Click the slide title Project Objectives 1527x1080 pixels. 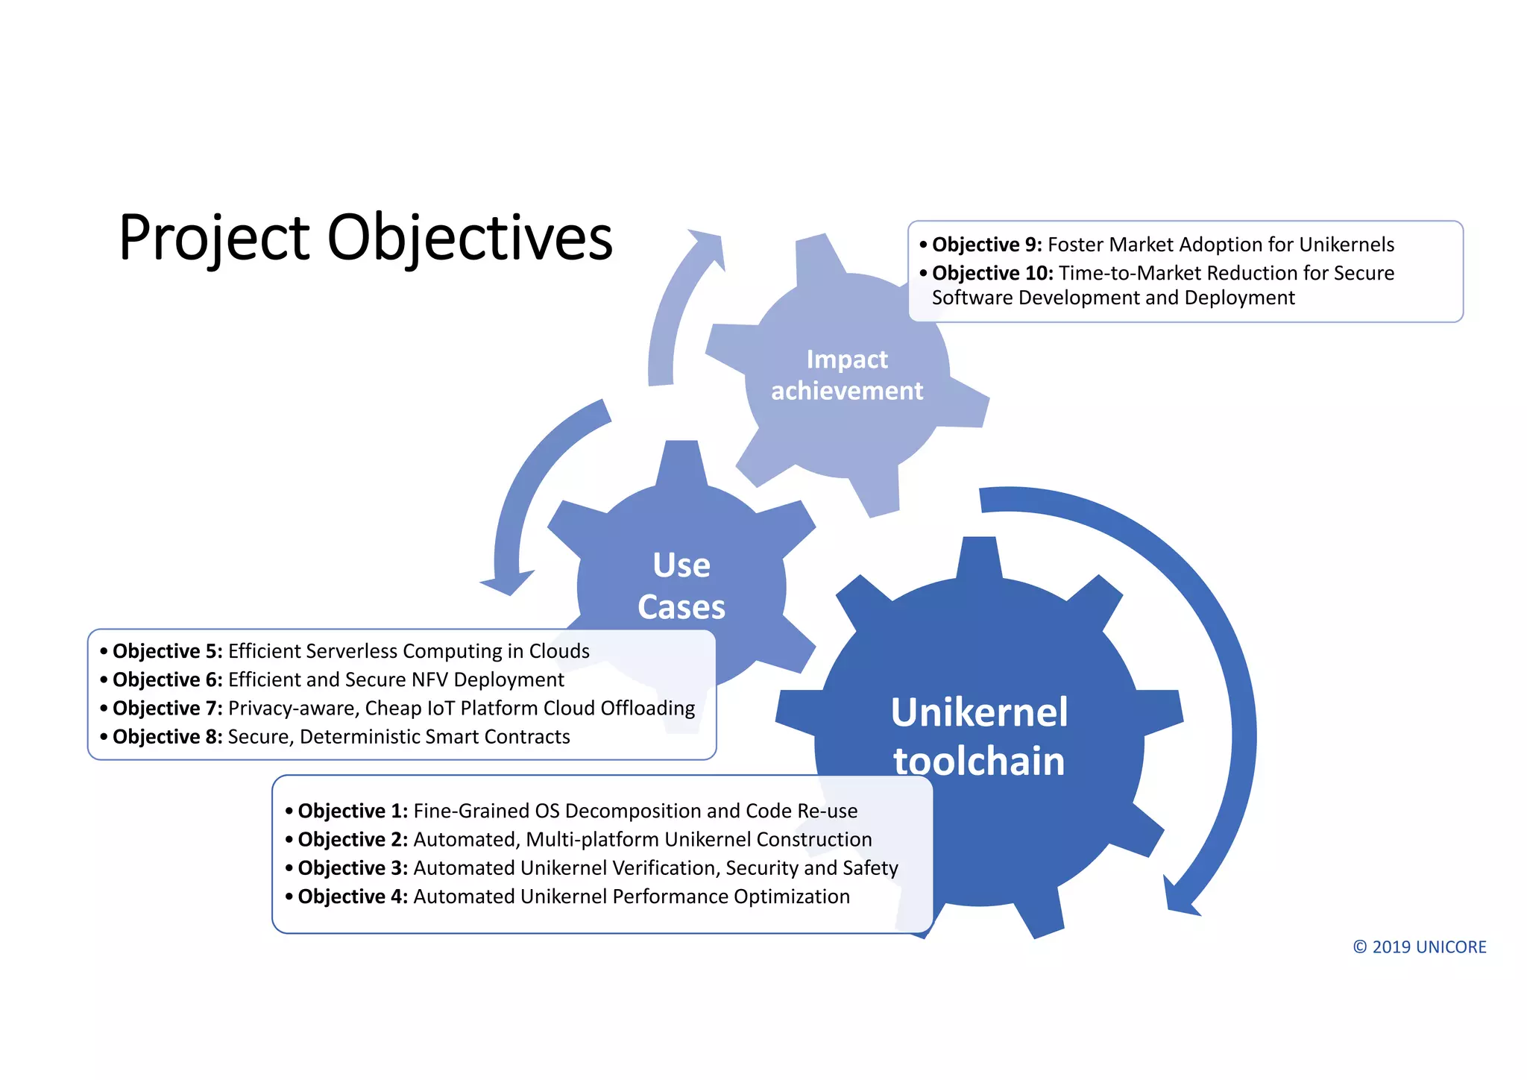click(365, 239)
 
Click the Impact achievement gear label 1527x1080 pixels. click(847, 375)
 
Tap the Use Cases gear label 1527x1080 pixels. click(681, 586)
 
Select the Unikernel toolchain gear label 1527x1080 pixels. click(979, 737)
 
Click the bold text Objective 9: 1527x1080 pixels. click(986, 245)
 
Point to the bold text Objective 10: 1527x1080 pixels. click(992, 273)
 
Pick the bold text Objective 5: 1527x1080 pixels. click(167, 651)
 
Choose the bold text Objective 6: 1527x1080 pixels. click(167, 679)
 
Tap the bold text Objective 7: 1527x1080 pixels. click(167, 708)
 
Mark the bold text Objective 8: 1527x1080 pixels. click(167, 737)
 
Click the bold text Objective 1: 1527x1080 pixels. click(353, 811)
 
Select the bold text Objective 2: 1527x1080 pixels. click(353, 839)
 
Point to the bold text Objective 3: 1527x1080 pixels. click(353, 868)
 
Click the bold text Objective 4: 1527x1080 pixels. click(353, 897)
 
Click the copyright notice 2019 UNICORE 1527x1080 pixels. click(1420, 947)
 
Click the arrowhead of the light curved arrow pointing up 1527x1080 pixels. click(708, 246)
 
